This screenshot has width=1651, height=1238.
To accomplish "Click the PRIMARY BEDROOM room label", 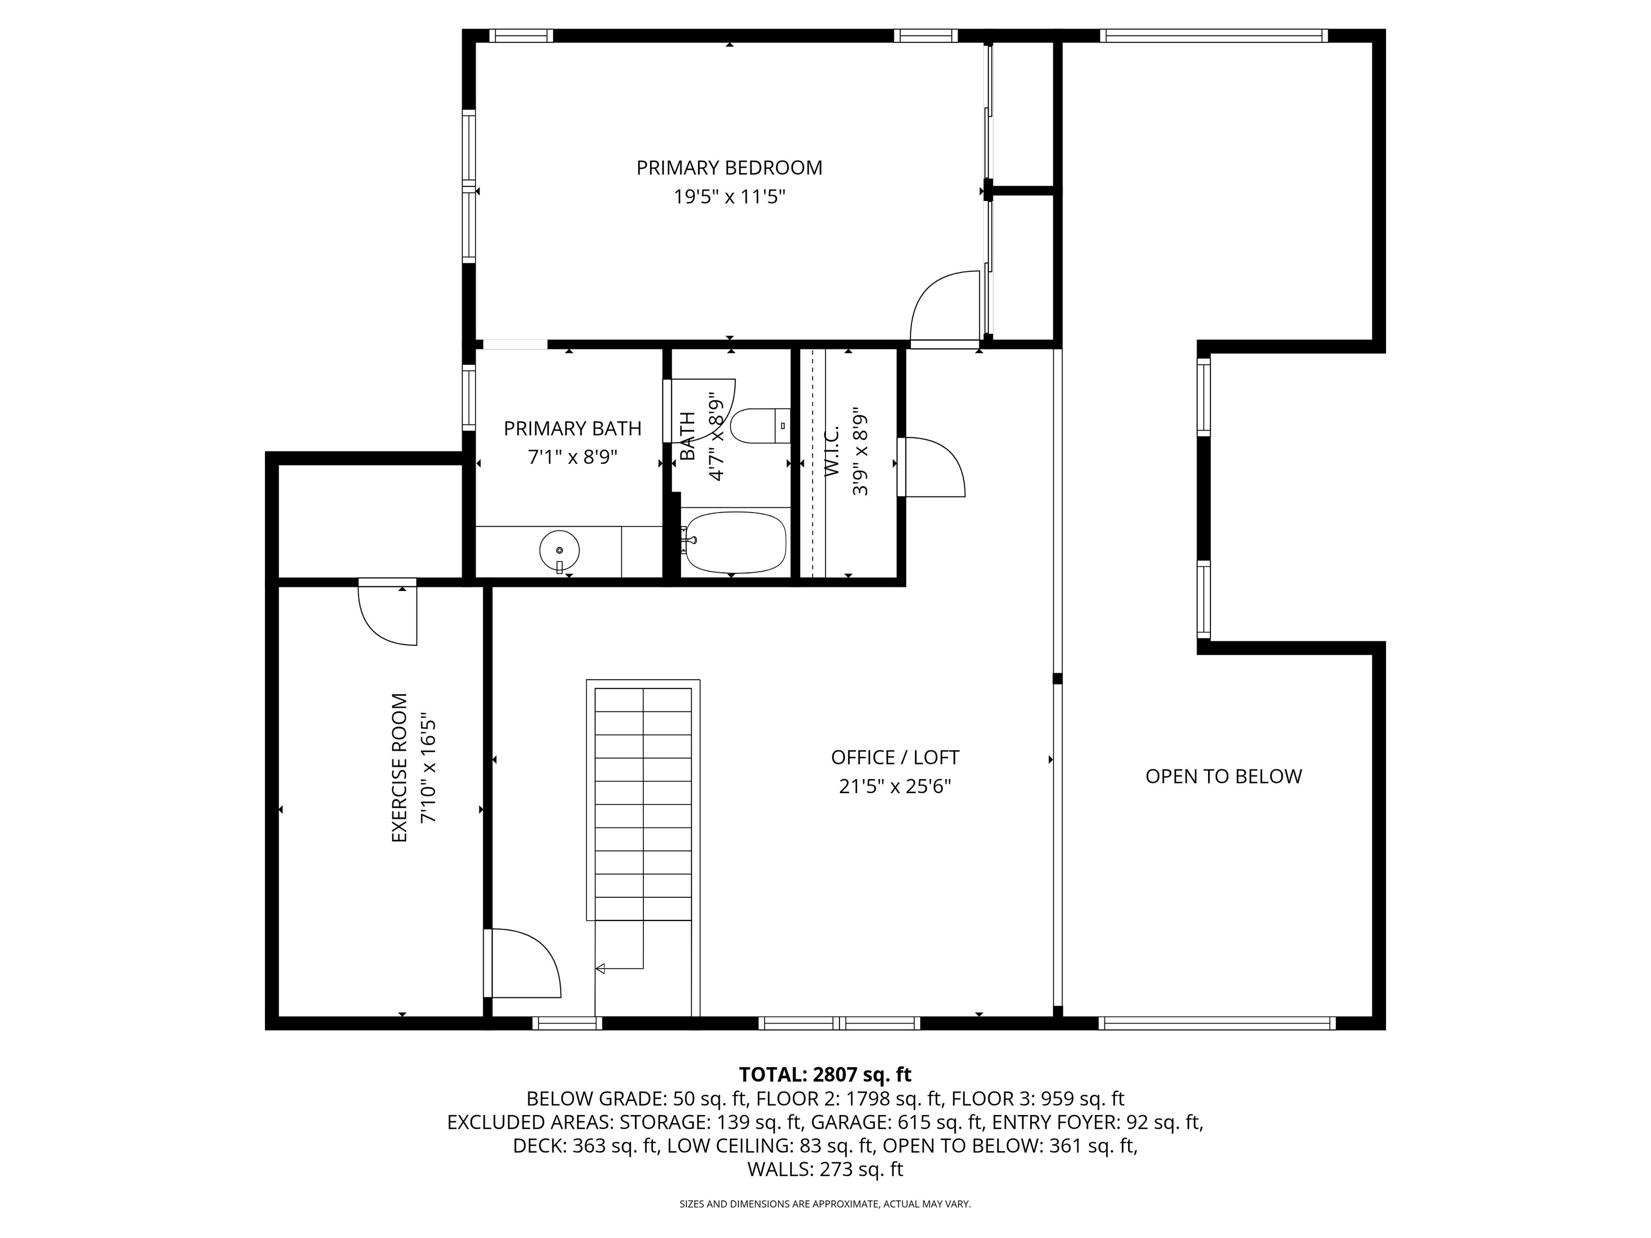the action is pos(729,168).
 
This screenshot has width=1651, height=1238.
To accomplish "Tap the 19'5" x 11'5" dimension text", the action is pos(729,197).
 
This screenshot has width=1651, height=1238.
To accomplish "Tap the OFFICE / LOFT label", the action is pos(895,758).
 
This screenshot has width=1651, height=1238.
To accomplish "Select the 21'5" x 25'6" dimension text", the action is pos(895,787).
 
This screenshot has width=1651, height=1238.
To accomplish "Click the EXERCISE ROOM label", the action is pos(400,768).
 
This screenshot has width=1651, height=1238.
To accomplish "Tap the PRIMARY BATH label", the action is pos(572,428).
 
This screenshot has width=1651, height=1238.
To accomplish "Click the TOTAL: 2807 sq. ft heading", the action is pos(825,1075).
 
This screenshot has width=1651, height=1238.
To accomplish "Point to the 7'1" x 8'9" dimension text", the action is pos(572,457).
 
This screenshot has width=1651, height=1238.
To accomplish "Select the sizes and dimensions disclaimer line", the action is pos(825,1204).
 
